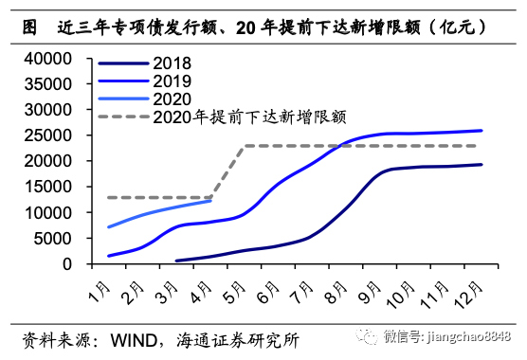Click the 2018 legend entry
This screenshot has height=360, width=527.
point(171,63)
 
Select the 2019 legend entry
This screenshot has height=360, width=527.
point(171,81)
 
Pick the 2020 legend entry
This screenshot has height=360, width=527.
point(171,99)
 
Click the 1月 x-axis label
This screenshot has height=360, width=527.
point(99,284)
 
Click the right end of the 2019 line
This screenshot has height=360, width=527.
point(482,131)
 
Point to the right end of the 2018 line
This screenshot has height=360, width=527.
point(482,165)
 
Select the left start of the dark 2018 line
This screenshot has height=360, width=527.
point(175,261)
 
